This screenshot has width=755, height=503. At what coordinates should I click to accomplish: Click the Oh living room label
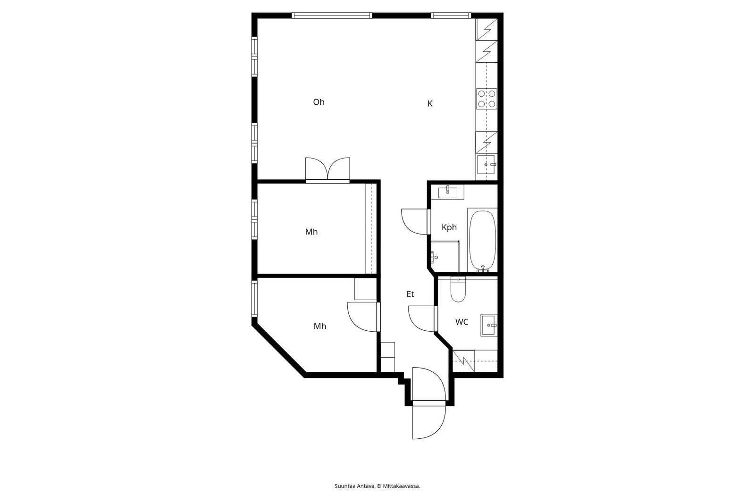[319, 102]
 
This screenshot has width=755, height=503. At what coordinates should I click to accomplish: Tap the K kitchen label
[430, 103]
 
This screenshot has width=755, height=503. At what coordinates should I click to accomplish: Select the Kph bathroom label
[449, 227]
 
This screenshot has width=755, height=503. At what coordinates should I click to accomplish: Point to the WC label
[462, 322]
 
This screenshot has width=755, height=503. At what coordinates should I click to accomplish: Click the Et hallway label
[410, 294]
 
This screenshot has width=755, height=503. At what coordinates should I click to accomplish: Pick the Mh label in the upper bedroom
[311, 232]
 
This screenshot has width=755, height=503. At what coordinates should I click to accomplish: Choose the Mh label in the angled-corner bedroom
[320, 327]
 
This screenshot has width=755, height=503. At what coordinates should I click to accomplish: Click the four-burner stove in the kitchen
[487, 99]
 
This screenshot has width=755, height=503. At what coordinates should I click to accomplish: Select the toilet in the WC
[458, 290]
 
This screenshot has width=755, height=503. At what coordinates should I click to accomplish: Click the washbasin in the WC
[489, 325]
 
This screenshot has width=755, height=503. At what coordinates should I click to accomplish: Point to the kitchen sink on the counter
[487, 164]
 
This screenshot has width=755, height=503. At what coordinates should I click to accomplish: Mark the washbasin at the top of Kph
[448, 192]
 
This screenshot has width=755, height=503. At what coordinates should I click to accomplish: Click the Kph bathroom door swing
[415, 221]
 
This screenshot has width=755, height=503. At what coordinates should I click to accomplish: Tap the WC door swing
[421, 319]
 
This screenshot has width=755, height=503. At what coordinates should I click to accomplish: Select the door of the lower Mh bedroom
[362, 317]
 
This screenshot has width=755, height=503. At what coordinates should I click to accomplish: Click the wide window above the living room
[332, 15]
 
